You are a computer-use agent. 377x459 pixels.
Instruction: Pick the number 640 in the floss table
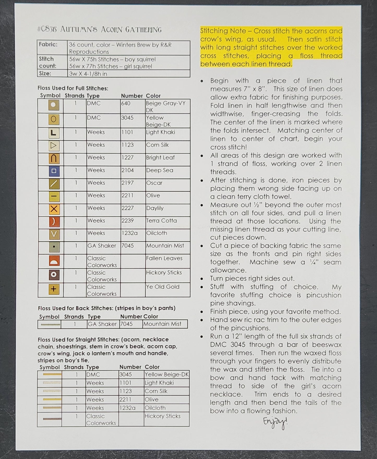click(126, 103)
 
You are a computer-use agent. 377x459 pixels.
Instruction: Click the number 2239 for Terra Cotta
click(127, 221)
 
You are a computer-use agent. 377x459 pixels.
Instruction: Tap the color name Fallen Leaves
click(164, 258)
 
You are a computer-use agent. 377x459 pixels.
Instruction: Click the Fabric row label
click(48, 44)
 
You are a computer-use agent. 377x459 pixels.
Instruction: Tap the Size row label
click(45, 73)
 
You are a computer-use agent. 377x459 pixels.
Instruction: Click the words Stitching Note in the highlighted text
click(223, 31)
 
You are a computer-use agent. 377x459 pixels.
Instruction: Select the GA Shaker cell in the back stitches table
click(102, 324)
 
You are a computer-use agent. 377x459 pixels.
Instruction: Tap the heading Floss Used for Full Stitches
click(73, 88)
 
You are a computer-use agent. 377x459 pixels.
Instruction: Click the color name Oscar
click(154, 183)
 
